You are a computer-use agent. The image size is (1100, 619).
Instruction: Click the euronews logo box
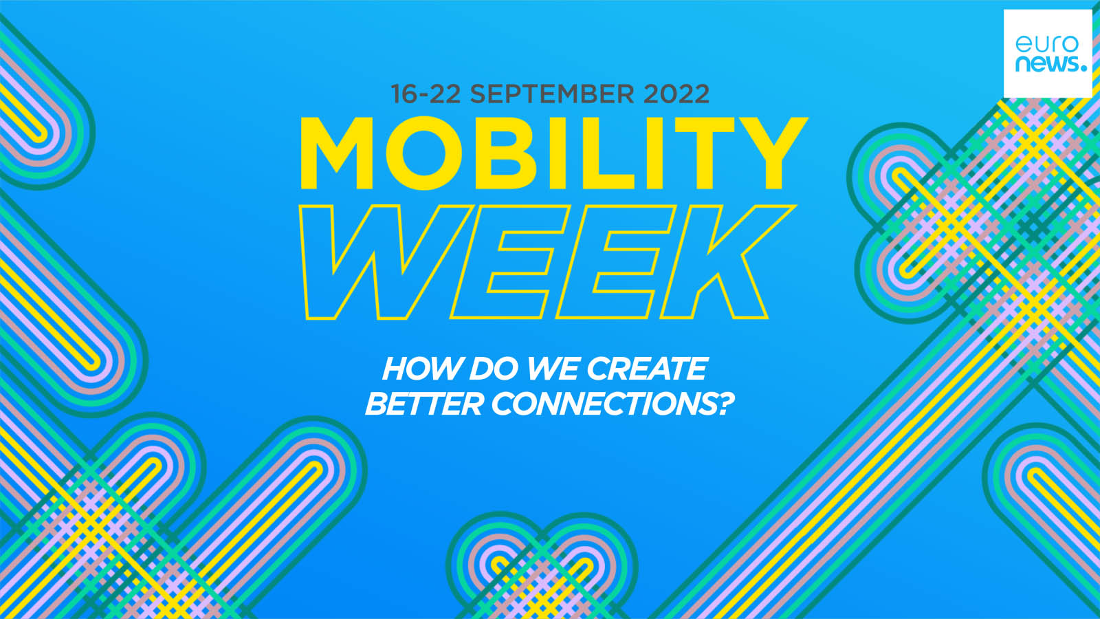coord(1048,54)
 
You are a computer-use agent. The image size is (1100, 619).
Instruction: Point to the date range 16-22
coord(426,94)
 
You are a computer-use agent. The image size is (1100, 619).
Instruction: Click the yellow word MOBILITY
coord(553,153)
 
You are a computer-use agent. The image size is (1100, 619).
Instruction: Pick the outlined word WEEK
coord(547,262)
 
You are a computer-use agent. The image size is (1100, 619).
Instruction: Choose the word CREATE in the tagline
coord(647,369)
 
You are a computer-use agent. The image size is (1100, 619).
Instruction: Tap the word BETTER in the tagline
coord(423,404)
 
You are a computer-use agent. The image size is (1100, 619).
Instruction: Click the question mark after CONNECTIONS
coord(724,404)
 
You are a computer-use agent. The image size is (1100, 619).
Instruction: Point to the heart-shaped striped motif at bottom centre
coord(542,565)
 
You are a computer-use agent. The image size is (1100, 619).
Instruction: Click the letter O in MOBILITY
coord(423,153)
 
